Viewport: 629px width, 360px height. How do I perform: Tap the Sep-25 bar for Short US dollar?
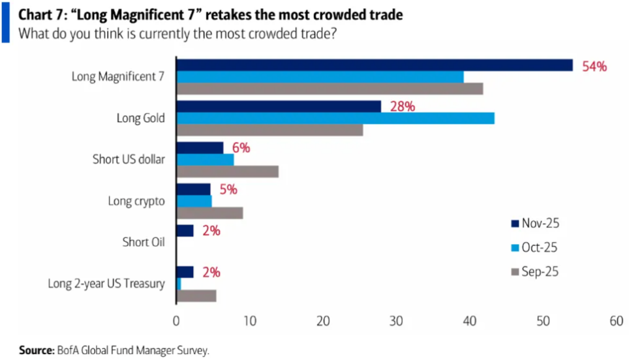click(228, 172)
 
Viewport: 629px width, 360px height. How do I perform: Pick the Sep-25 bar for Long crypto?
click(209, 213)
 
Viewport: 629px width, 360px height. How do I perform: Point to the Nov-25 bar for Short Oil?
click(185, 230)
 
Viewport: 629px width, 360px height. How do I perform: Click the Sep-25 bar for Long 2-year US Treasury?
click(196, 295)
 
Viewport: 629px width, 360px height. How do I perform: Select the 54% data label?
click(594, 66)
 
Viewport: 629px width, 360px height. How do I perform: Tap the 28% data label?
click(402, 106)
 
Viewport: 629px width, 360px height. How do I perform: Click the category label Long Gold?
click(140, 118)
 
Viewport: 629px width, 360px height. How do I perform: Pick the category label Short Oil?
click(143, 242)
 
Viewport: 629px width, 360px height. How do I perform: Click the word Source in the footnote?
click(35, 351)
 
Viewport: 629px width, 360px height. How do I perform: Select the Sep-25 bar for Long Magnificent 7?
click(330, 89)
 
